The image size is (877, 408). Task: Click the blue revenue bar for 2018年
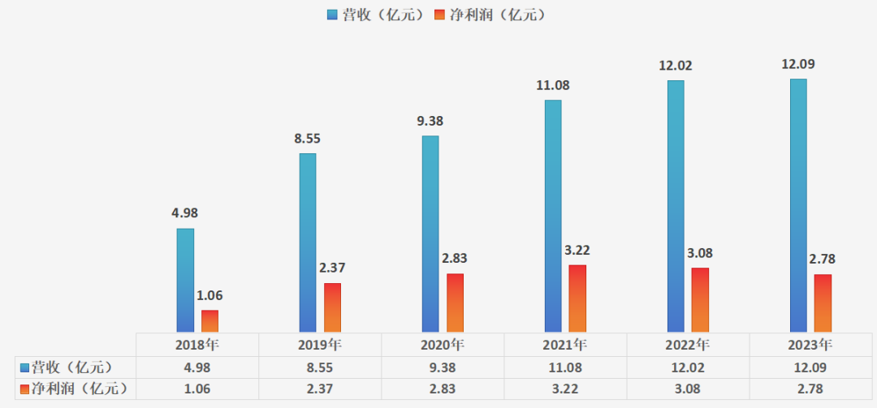[x=185, y=280]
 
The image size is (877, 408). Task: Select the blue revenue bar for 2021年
[x=553, y=215]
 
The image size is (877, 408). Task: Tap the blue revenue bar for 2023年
[x=798, y=204]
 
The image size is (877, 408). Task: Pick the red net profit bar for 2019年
[x=332, y=307]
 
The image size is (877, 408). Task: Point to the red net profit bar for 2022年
[x=700, y=299]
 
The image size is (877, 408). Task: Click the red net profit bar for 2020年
[x=455, y=302]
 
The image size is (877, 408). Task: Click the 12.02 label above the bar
[x=676, y=66]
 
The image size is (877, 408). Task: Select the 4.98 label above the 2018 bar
[x=184, y=213]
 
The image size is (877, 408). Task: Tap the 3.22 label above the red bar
[x=578, y=250]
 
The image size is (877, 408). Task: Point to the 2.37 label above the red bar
[x=332, y=268]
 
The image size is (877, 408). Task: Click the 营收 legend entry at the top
[x=374, y=15]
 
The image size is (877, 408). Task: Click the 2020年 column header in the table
[x=443, y=344]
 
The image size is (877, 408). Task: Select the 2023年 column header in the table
[x=810, y=344]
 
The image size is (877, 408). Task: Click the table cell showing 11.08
[x=565, y=367]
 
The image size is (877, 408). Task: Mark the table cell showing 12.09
[x=810, y=367]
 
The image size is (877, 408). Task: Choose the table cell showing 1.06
[x=197, y=389]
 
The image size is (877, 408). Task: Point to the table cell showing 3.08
[x=688, y=389]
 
